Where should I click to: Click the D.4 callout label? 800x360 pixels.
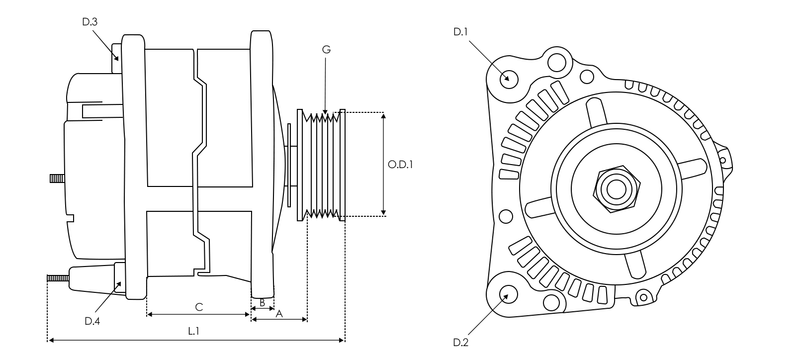tap(92, 320)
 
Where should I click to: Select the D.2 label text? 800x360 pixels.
tap(460, 343)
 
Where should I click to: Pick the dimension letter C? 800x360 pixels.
tap(198, 305)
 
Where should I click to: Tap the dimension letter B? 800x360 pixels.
tap(261, 300)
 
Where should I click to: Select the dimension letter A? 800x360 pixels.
tap(279, 313)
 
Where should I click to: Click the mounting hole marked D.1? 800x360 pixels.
tap(508, 78)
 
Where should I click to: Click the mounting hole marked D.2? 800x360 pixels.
tap(508, 294)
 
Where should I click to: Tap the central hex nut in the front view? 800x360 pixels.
tap(612, 187)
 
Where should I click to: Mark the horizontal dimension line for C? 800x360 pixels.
tap(198, 315)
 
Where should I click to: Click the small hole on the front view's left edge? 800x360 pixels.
tap(505, 216)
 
